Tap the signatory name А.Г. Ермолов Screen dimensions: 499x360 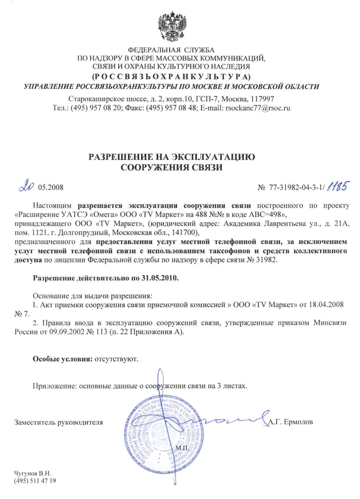click(x=291, y=422)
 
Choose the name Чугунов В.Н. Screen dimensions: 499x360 click(x=33, y=472)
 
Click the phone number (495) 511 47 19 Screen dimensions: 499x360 click(x=35, y=480)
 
